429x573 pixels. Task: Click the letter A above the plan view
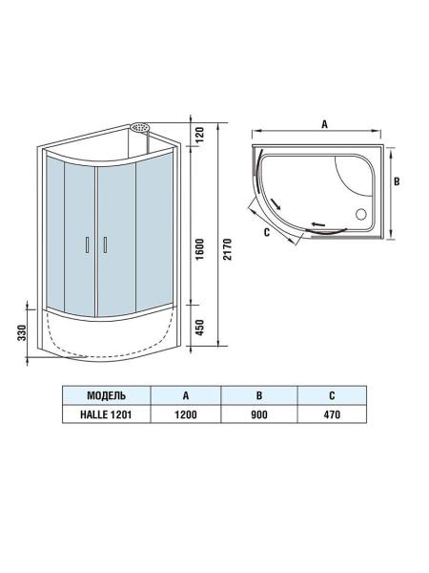tap(324, 124)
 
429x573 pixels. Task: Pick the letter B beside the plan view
tap(401, 180)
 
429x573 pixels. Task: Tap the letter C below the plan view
tap(267, 232)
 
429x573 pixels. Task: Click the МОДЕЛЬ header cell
tap(106, 395)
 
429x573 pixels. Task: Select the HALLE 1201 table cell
tap(106, 414)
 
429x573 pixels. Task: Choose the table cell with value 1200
tap(184, 414)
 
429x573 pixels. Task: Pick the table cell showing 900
tap(258, 414)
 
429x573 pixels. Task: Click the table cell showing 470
tap(332, 414)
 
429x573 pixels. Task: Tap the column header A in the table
tap(184, 395)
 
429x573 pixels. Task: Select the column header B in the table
tap(258, 395)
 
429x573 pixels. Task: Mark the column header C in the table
tap(332, 395)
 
